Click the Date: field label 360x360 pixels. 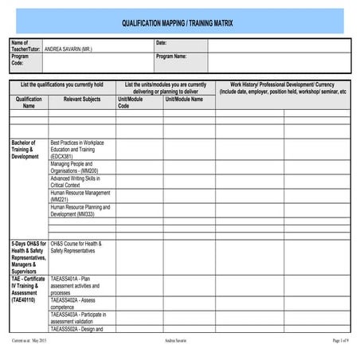tap(162, 42)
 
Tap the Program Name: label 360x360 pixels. tap(172, 57)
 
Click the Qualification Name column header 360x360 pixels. tap(29, 101)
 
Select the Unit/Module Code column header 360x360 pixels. tap(130, 101)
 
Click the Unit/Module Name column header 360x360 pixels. tap(184, 98)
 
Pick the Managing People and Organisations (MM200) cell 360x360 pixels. tap(75, 167)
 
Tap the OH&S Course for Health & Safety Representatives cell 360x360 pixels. tap(76, 247)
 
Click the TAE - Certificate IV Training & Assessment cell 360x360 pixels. tap(29, 290)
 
